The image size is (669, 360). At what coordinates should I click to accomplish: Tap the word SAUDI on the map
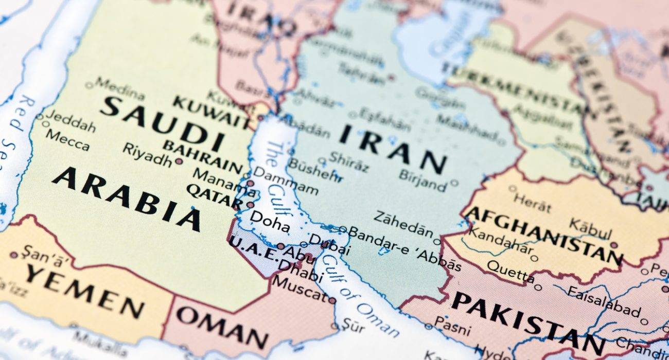(x=162, y=123)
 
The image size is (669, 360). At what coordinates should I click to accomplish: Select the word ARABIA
(x=126, y=198)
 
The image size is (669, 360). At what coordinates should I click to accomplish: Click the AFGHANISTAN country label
(x=543, y=234)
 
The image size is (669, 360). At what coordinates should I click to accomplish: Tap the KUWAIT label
(x=210, y=111)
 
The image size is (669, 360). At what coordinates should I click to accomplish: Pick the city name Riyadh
(x=147, y=154)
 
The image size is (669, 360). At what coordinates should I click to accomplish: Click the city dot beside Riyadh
(x=179, y=161)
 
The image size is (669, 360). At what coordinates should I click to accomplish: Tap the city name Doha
(x=269, y=222)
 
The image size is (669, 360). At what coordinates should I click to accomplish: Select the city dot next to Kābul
(x=613, y=245)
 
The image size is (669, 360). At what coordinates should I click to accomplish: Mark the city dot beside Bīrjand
(x=453, y=182)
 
